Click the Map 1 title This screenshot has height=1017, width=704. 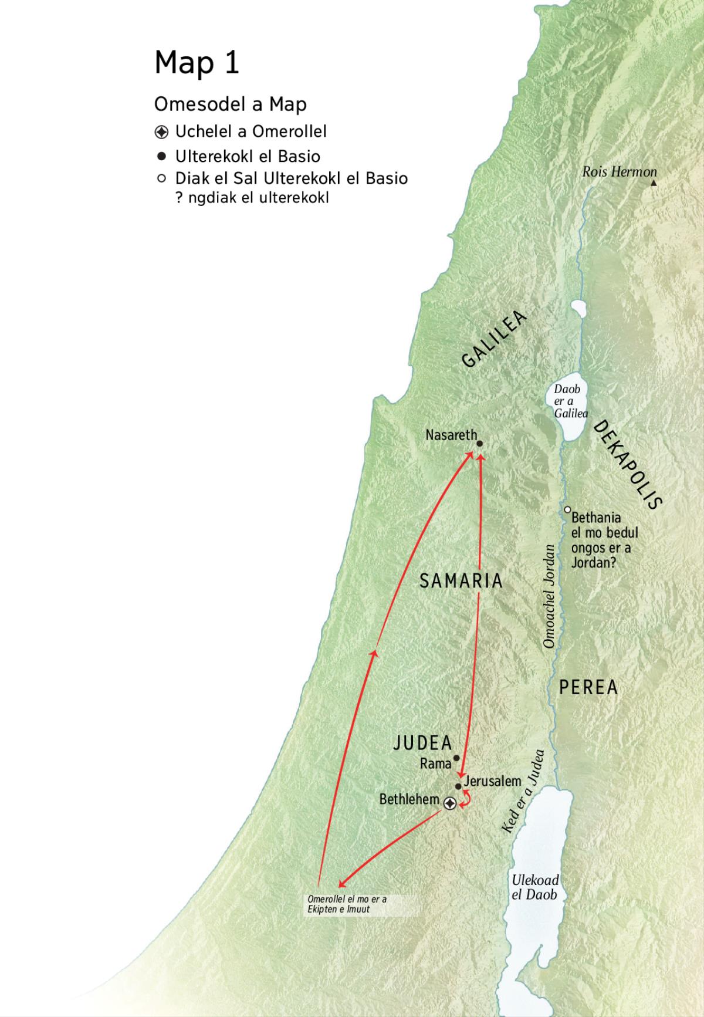point(197,62)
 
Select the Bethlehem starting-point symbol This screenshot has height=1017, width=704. point(449,803)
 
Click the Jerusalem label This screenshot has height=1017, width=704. point(492,781)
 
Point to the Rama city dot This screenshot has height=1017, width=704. point(456,758)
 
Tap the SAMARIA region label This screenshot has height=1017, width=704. point(461,581)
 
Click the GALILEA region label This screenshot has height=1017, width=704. point(494,340)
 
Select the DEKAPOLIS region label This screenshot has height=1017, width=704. point(628,464)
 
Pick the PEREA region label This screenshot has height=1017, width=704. point(588,687)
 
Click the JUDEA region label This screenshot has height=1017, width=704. point(422,743)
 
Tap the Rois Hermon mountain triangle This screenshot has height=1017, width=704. point(654,183)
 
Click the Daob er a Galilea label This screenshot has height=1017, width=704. point(570,401)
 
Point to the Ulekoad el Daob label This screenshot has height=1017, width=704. point(534,887)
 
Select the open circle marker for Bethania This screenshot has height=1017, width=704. point(567,509)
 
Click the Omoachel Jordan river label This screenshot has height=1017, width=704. point(549,596)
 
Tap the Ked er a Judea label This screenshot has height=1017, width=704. point(523,791)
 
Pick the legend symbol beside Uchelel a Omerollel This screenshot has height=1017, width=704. point(162,131)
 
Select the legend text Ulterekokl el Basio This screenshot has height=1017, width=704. point(248,157)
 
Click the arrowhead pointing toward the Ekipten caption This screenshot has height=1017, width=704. point(342,884)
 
